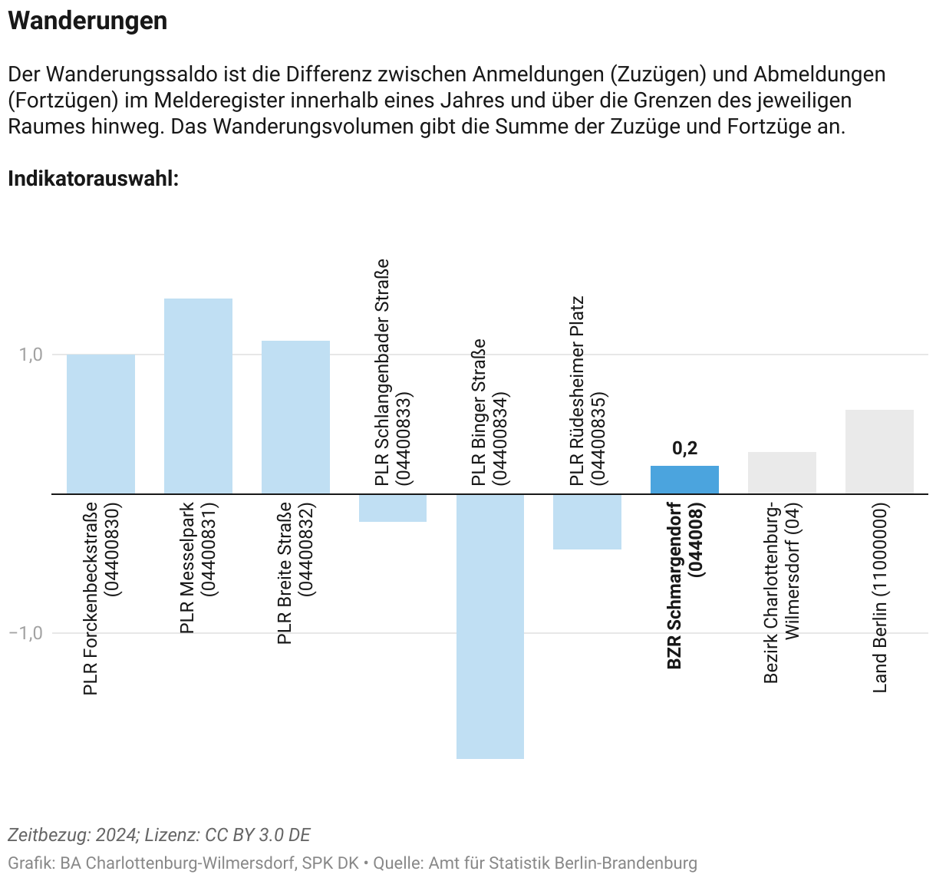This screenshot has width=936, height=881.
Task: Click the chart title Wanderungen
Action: [x=87, y=21]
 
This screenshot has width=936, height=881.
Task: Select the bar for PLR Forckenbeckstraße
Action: [x=101, y=424]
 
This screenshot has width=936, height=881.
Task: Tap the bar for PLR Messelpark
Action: [x=198, y=396]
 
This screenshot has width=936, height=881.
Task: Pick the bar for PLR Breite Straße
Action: [x=295, y=417]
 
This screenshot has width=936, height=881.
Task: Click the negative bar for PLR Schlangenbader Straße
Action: [x=393, y=508]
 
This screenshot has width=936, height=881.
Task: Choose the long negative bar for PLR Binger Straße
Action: [x=490, y=626]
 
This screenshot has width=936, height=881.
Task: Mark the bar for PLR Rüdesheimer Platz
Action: [x=588, y=522]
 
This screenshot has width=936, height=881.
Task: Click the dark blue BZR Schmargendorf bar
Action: [x=684, y=480]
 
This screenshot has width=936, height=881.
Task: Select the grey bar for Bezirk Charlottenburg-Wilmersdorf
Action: [x=782, y=473]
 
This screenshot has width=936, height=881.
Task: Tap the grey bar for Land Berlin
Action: [x=879, y=452]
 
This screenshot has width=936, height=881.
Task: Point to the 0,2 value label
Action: [x=685, y=448]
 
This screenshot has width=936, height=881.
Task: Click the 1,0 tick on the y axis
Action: [x=31, y=355]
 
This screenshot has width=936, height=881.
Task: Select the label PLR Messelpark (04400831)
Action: [x=197, y=568]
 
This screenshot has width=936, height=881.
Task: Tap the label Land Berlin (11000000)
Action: [x=880, y=598]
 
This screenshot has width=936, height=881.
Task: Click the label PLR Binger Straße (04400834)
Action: [x=489, y=412]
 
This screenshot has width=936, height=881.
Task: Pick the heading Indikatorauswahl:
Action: [x=94, y=179]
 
